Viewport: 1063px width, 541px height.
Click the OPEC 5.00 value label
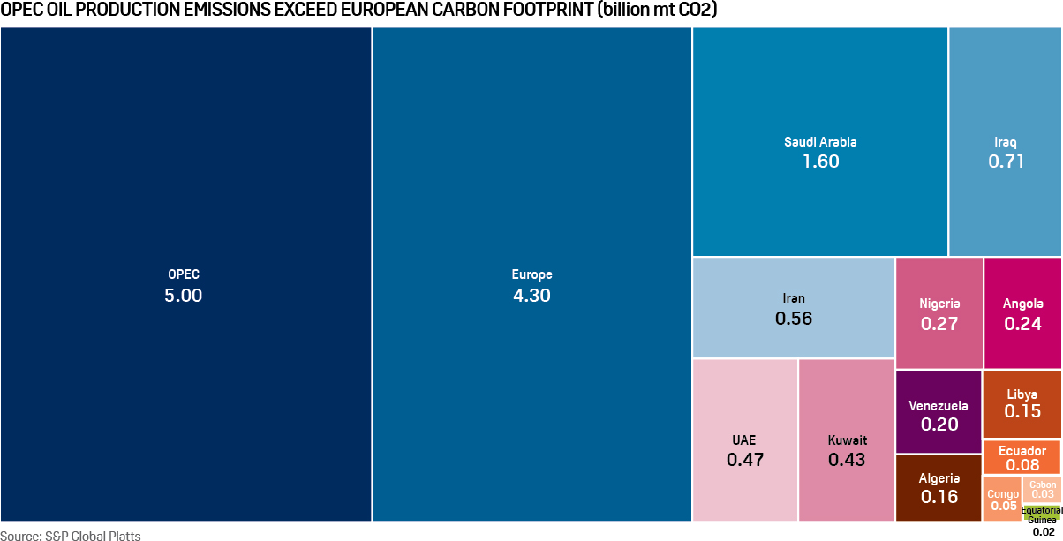(183, 296)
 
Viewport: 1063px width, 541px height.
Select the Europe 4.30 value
(531, 296)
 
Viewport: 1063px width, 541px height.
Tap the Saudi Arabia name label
(820, 141)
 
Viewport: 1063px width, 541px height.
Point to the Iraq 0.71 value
(1006, 162)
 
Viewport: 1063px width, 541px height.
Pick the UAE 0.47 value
(744, 460)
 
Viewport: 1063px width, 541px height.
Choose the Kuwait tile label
(847, 440)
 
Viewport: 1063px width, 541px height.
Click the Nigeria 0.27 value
(939, 324)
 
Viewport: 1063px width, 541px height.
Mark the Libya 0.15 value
(1022, 412)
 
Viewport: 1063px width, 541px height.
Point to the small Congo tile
(1002, 499)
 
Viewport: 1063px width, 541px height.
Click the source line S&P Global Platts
(71, 535)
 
